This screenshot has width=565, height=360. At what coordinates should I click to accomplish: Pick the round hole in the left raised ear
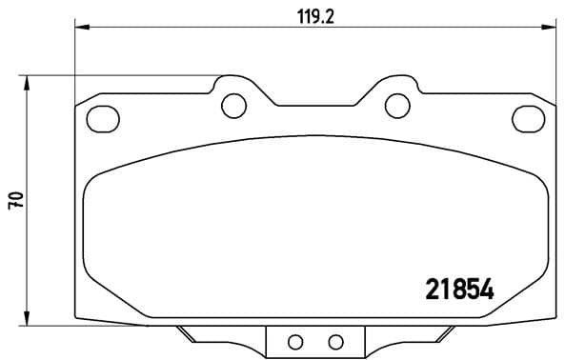pyautogui.click(x=232, y=105)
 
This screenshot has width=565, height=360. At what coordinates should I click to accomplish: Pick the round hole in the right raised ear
pyautogui.click(x=393, y=105)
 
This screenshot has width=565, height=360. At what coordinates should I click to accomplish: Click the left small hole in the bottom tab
pyautogui.click(x=294, y=342)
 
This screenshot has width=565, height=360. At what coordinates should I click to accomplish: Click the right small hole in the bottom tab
pyautogui.click(x=334, y=342)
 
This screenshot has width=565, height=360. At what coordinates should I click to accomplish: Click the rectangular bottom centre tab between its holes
pyautogui.click(x=314, y=342)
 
